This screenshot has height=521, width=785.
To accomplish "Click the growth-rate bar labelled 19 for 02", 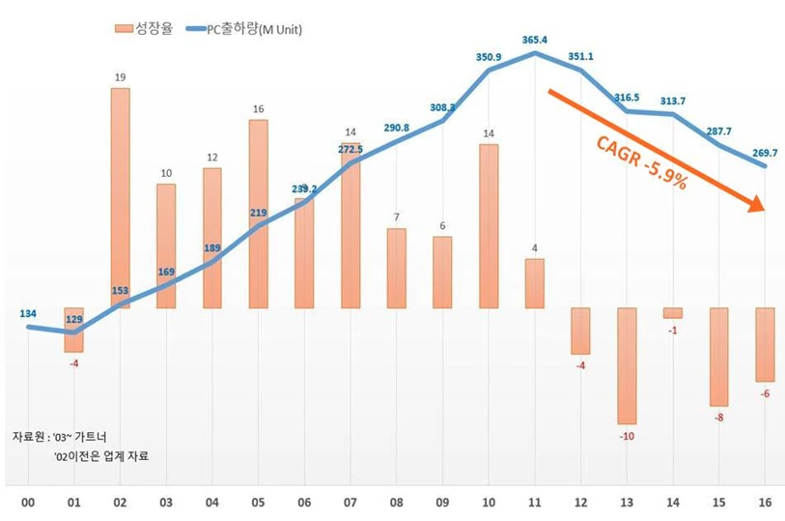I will (121, 198).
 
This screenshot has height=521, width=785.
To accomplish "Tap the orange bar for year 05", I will (258, 214).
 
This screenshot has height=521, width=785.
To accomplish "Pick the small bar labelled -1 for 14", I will (673, 312).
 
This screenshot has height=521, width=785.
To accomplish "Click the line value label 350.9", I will (490, 57).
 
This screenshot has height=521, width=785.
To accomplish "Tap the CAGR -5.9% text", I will (641, 161).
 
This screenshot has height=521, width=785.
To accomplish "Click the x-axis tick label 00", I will (29, 503).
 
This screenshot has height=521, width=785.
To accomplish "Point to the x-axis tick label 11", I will (535, 503).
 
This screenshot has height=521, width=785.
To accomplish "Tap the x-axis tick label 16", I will (765, 503).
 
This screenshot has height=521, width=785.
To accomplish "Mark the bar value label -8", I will (718, 419).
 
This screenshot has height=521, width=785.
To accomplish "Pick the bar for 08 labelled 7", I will (396, 268).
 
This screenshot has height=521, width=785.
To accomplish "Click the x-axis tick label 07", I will (350, 503).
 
